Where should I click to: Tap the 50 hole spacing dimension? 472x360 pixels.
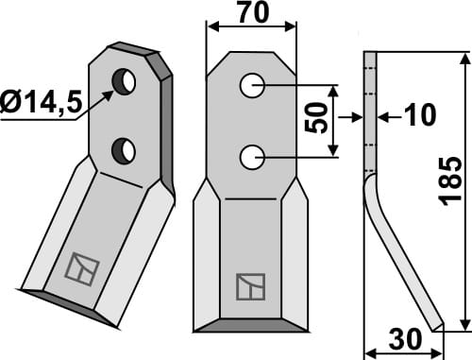pos(318,122)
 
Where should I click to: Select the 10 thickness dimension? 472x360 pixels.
pos(417,115)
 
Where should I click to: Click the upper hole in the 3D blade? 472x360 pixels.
pos(124,82)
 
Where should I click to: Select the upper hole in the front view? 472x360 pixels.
pos(251,86)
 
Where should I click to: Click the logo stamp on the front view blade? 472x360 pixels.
pos(251,285)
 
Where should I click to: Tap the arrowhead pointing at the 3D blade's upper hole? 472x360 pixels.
pos(110,93)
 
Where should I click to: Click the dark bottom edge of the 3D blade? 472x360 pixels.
pos(71,308)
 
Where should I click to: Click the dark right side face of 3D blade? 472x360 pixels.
pos(167,123)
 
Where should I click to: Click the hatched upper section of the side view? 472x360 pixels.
pos(371,113)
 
